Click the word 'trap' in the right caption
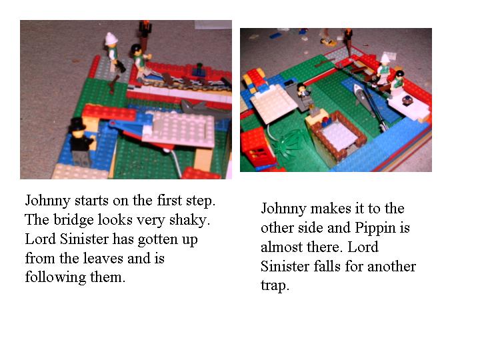(273, 286)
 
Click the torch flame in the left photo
(144, 27)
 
